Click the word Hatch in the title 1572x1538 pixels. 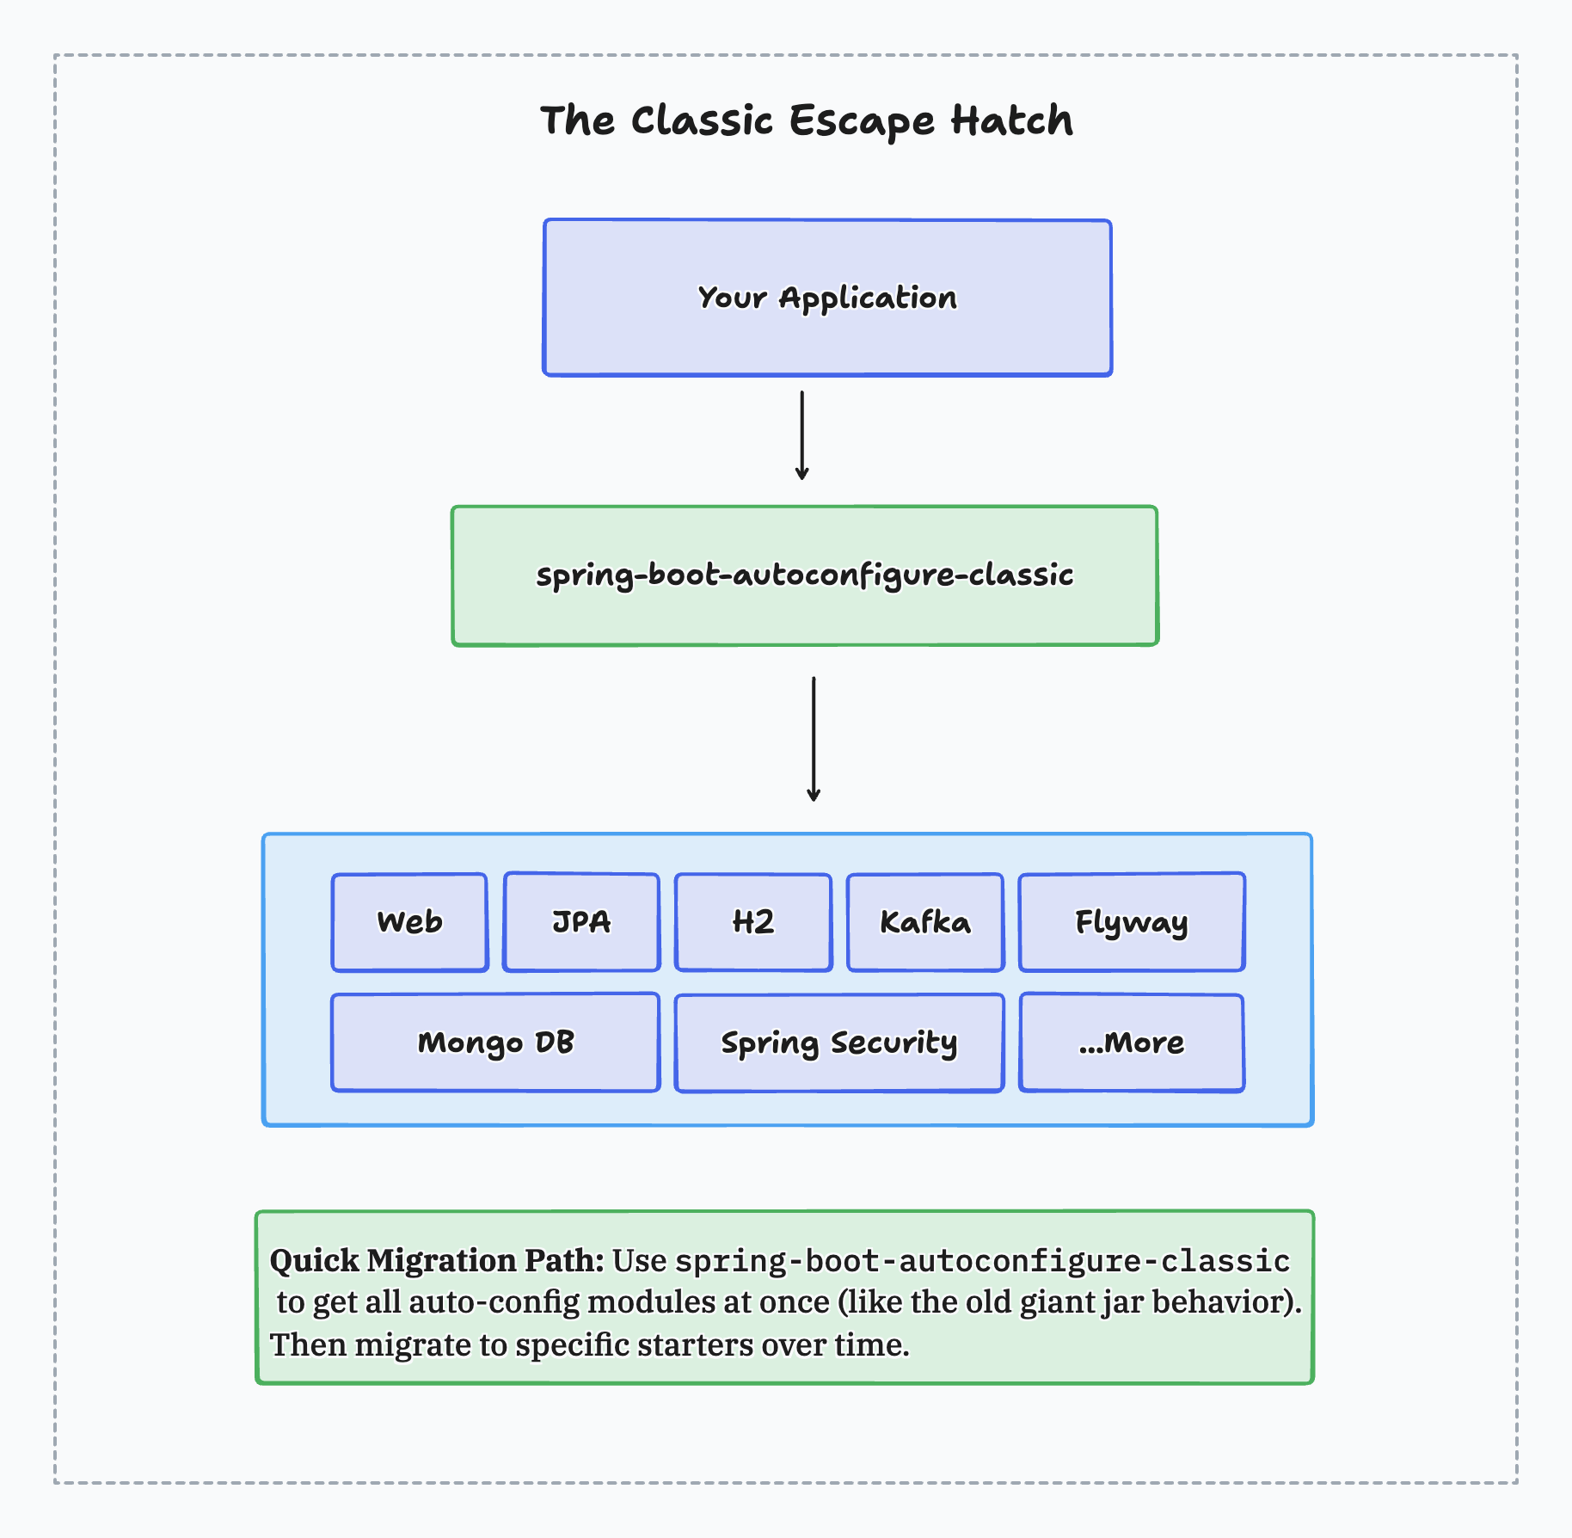coord(1011,120)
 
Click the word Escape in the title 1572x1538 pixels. coord(861,120)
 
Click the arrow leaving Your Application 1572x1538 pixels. coord(801,435)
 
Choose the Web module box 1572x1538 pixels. coord(409,922)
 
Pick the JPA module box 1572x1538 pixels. coord(581,922)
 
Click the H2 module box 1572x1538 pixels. coord(753,922)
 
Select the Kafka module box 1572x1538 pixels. coord(925,922)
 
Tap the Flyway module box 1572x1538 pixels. coord(1132,922)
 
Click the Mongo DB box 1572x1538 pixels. coord(495,1043)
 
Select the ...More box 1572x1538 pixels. coord(1132,1043)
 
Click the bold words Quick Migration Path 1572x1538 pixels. coord(437,1260)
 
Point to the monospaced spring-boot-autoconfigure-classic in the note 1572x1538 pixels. coord(982,1261)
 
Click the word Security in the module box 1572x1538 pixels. coord(893,1043)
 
